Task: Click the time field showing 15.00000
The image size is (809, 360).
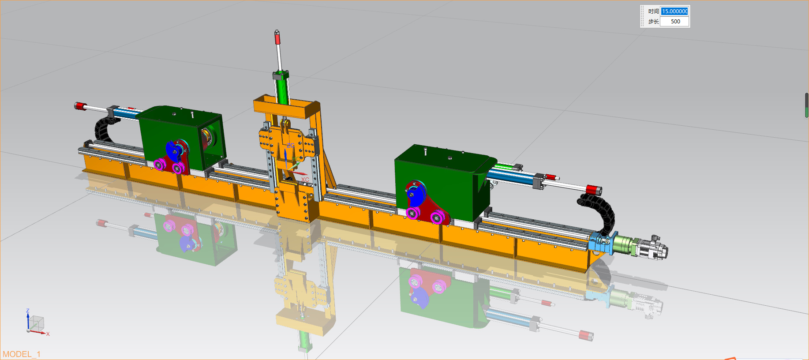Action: tap(674, 11)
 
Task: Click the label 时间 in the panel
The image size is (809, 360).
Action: tap(653, 11)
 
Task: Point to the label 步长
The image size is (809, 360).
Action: tap(653, 21)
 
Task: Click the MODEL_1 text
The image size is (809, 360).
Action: tap(22, 354)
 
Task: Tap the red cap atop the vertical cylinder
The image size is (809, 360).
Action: tap(277, 38)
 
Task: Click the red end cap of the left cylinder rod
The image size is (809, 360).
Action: tap(80, 106)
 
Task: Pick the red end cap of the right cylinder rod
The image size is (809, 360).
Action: tap(594, 190)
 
